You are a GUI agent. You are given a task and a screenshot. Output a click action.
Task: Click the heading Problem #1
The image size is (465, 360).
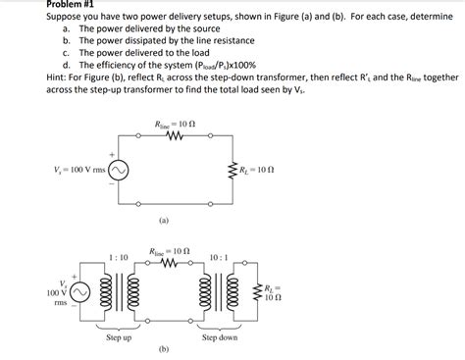[x=32, y=5]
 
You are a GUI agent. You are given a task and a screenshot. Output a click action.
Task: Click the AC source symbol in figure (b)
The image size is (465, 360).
[x=79, y=291]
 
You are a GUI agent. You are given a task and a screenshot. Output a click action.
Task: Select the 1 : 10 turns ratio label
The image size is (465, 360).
[x=118, y=257]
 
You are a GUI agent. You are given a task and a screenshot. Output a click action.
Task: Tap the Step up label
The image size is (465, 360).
[x=119, y=337]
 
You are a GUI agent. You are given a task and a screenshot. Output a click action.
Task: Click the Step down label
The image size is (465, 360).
[x=221, y=337]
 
